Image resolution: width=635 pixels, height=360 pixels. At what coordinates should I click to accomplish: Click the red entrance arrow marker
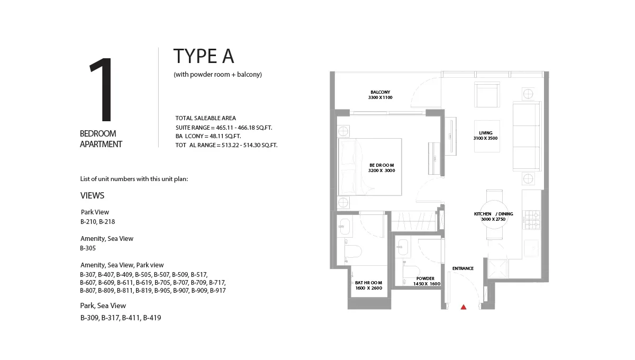464,307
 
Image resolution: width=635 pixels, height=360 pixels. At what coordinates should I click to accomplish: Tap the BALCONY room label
380,92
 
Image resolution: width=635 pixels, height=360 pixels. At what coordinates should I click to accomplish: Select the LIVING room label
485,133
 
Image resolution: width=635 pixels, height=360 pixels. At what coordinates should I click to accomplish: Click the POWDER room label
425,278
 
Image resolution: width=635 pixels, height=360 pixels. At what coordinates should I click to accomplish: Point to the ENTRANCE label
462,268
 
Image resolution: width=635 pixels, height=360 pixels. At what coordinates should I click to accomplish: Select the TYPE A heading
204,56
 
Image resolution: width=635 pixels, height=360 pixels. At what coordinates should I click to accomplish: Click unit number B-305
88,248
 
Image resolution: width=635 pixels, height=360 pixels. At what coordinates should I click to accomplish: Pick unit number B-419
152,318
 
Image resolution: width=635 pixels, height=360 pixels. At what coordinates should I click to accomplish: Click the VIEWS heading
92,195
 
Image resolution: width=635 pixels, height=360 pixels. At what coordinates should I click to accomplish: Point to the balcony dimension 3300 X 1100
380,98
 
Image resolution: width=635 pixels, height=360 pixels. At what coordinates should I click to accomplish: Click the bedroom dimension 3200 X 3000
382,171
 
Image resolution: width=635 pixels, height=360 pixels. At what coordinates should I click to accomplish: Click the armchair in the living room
486,96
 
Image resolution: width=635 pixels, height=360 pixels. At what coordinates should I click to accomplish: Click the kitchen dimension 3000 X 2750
493,219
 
